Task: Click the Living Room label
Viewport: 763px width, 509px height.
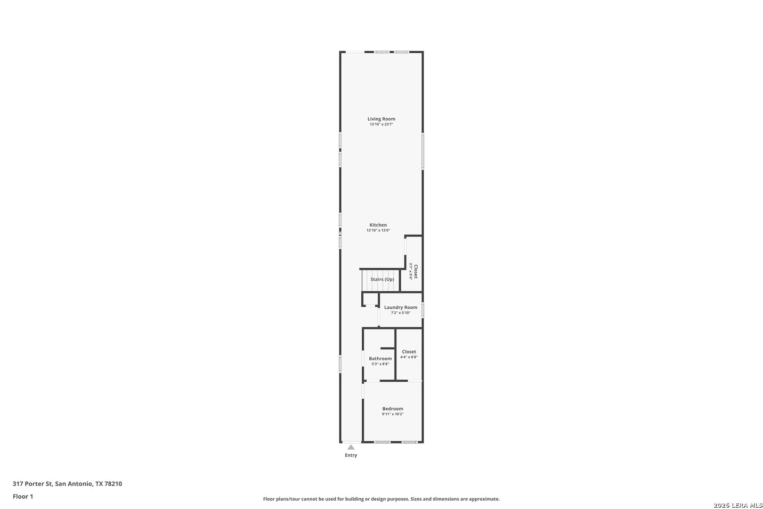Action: point(381,119)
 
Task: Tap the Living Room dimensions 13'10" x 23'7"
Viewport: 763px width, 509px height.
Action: point(381,124)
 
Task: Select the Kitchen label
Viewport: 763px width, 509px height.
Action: point(378,225)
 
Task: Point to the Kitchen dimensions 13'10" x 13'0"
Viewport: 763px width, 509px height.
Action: point(378,230)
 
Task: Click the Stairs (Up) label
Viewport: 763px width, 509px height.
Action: point(382,279)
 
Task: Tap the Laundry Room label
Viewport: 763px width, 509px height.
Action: point(401,307)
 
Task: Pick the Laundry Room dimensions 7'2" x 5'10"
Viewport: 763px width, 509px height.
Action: point(401,313)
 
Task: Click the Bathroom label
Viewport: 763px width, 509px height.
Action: point(380,359)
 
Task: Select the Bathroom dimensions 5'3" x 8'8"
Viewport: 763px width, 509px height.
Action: point(380,364)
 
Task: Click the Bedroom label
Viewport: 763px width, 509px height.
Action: point(393,409)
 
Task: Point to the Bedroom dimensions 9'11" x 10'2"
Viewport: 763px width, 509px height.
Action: point(393,414)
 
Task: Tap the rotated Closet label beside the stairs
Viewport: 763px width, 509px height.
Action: point(415,271)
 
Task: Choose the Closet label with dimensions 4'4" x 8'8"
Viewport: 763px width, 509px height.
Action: point(409,352)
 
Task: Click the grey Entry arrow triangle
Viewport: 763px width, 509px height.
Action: point(351,447)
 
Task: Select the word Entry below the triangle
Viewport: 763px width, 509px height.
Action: point(351,455)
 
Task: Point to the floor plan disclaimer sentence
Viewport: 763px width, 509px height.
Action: point(381,499)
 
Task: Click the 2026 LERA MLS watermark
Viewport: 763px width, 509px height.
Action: point(738,505)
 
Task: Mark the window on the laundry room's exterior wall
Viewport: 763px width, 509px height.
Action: point(423,310)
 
